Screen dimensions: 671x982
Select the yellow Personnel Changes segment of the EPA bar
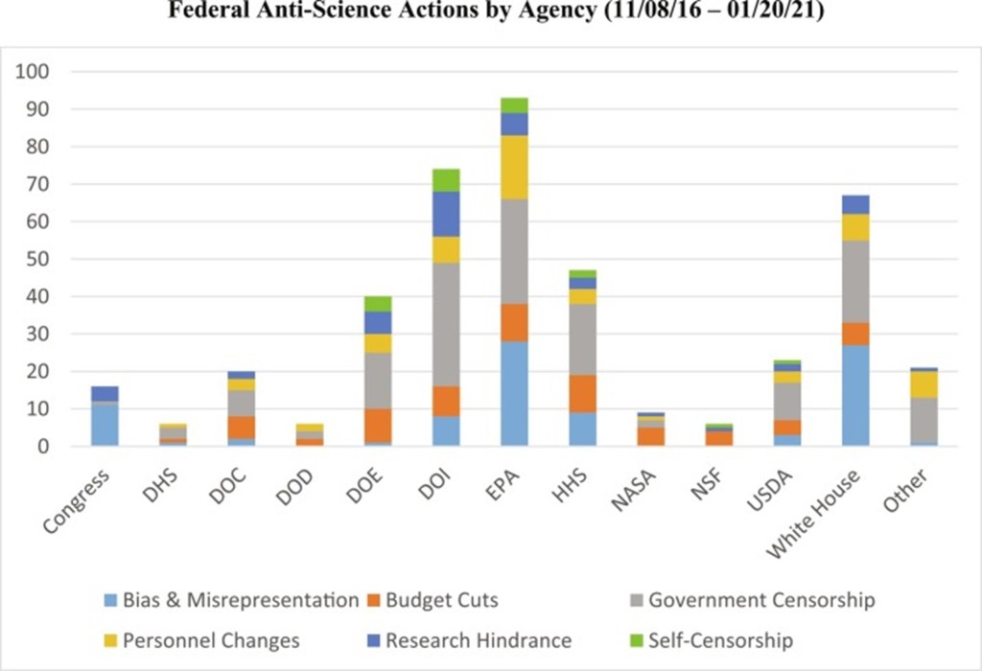click(514, 167)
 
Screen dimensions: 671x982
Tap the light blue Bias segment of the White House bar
click(855, 395)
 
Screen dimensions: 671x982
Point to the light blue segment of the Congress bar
click(104, 425)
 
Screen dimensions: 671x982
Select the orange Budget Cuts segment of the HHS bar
click(582, 393)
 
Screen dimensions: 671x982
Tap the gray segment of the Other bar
click(924, 419)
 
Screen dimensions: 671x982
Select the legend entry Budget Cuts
click(441, 601)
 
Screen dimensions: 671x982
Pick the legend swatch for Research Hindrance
click(375, 640)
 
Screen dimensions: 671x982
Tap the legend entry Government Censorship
click(761, 601)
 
